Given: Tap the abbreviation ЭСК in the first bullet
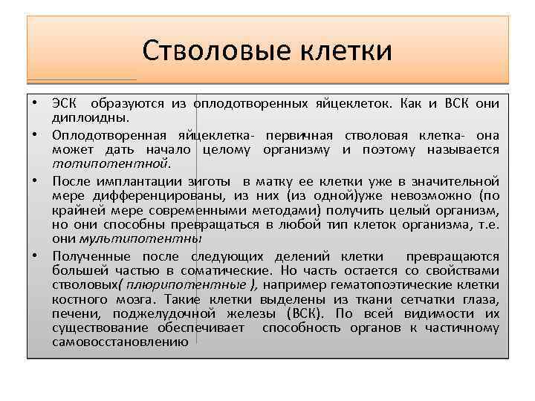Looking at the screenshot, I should click(65, 103).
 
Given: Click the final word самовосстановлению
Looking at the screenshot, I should click(120, 342).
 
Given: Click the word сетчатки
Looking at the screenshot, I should click(420, 299).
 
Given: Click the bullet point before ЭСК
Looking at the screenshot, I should click(35, 103).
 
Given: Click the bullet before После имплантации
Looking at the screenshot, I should click(35, 180).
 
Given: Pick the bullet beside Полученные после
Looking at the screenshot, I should click(35, 255).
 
